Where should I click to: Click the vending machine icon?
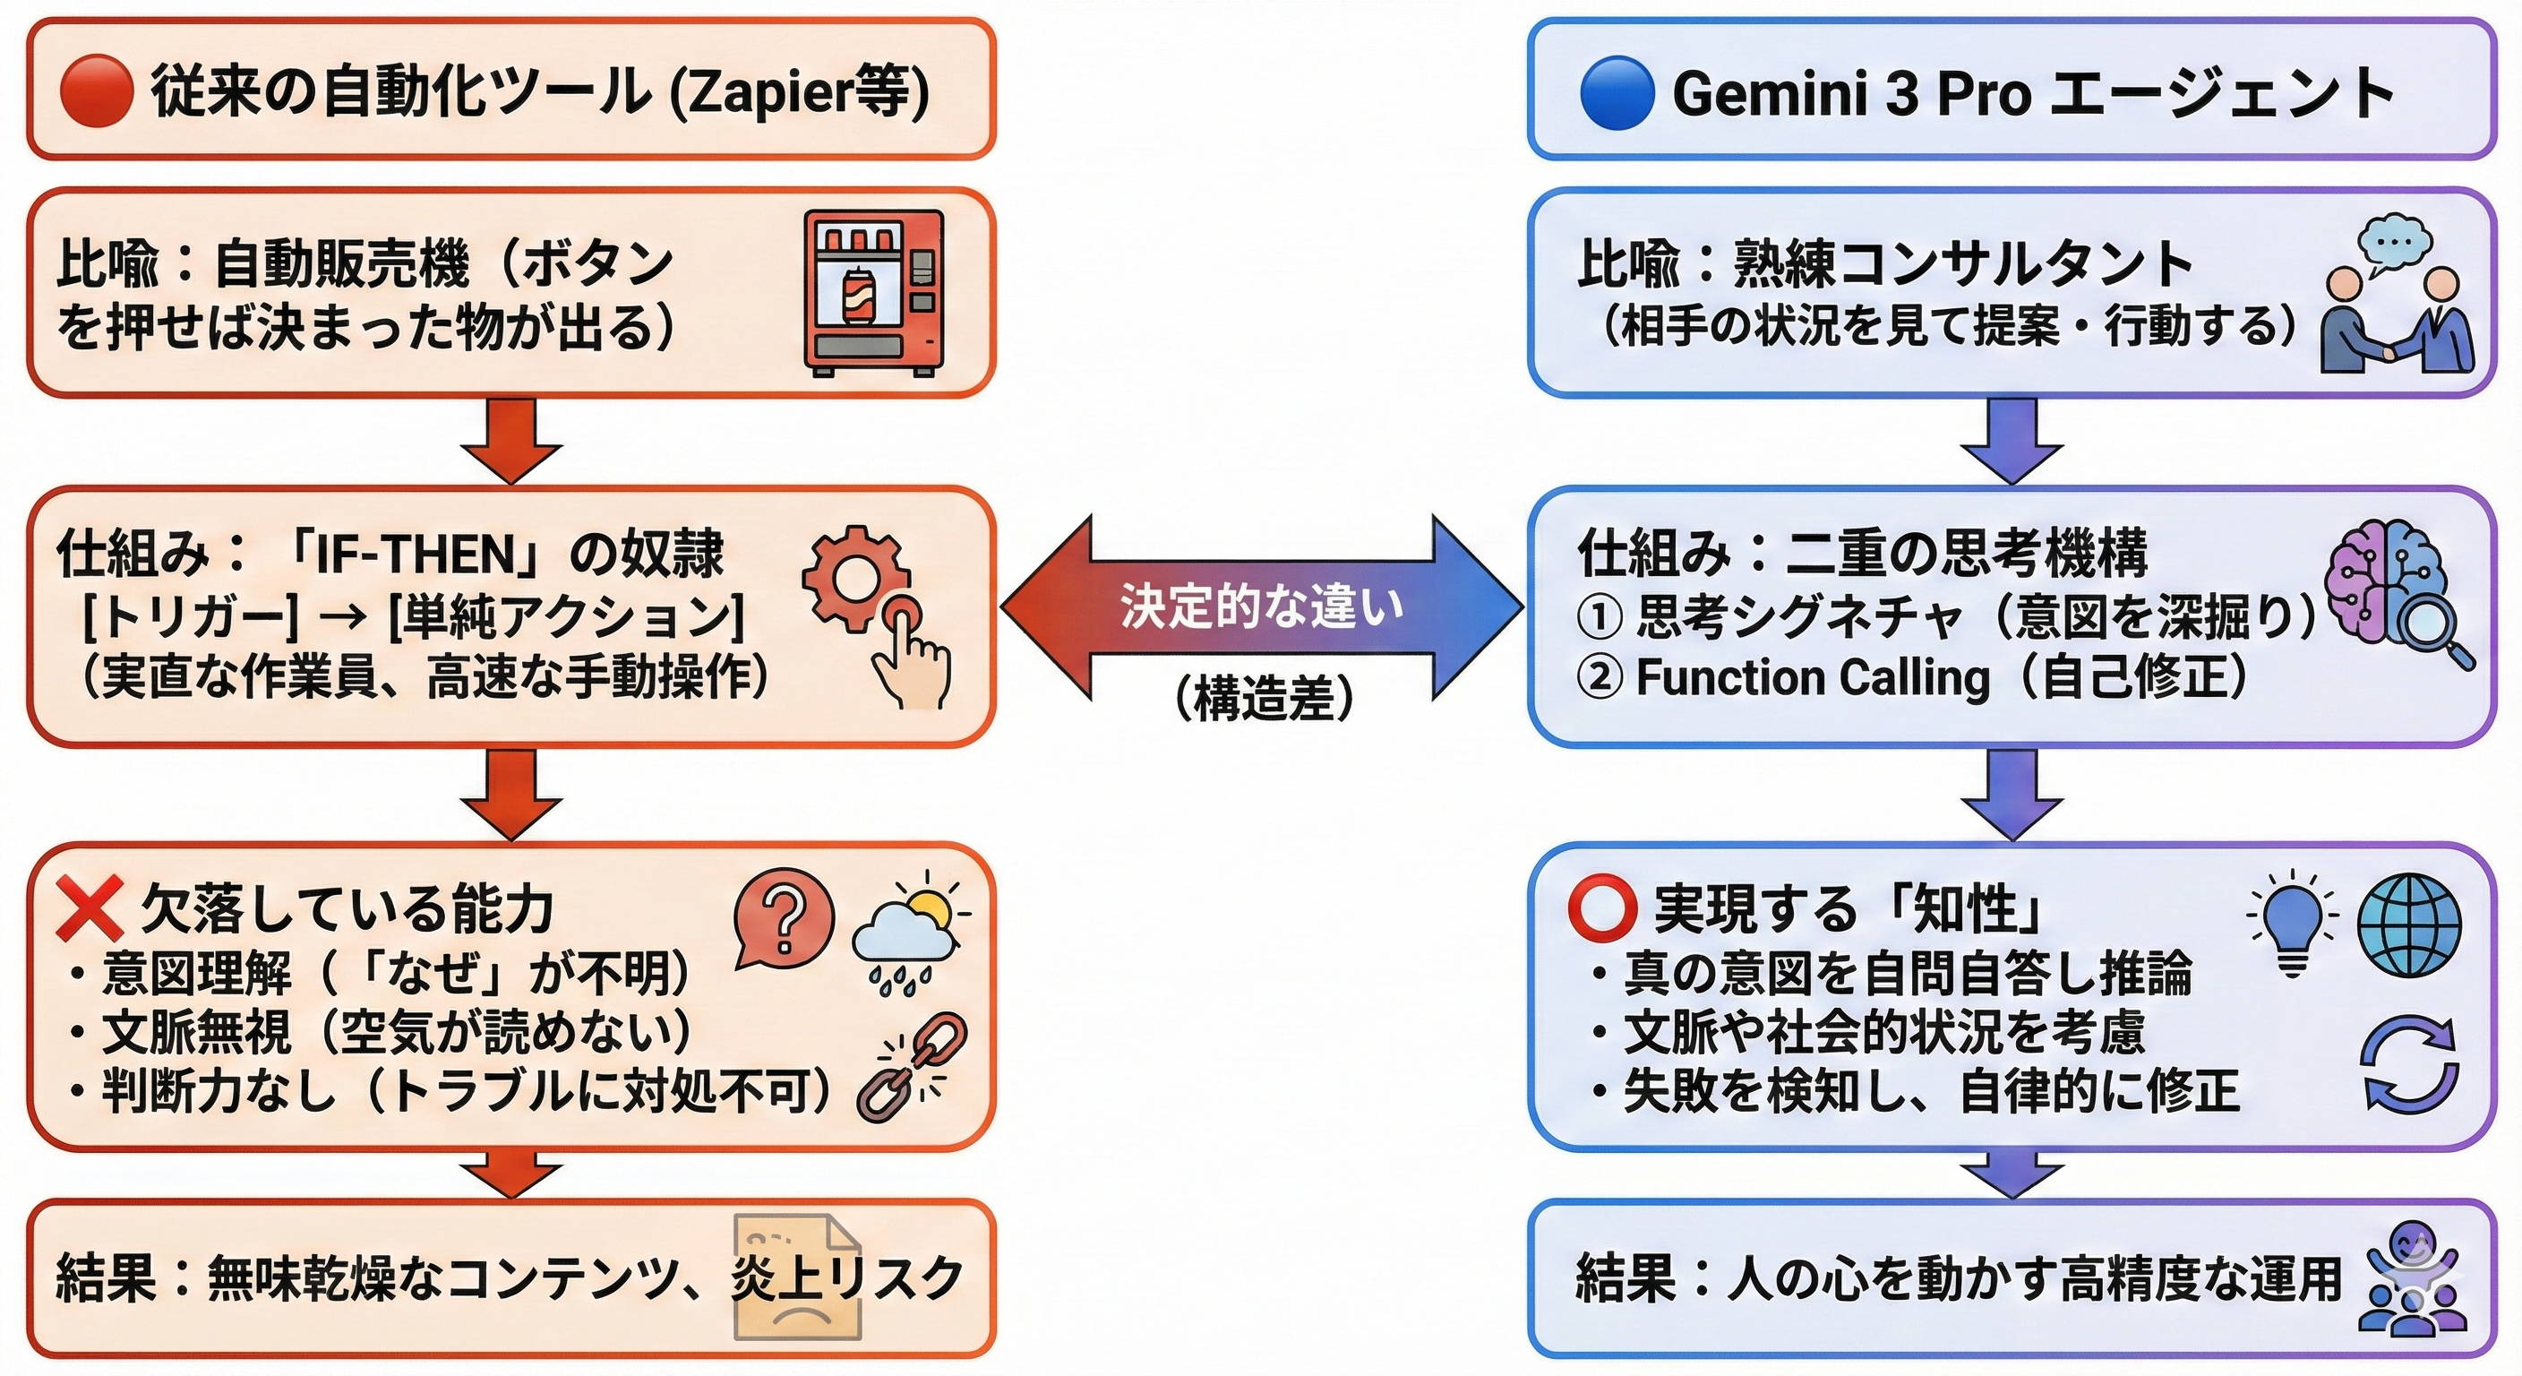tap(873, 293)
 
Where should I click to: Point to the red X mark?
tap(89, 907)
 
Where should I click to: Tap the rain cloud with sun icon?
tap(908, 931)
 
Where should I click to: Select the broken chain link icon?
tap(911, 1067)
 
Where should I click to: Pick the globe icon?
tap(2408, 924)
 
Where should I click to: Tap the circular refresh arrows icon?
tap(2409, 1063)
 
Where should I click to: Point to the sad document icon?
tap(797, 1277)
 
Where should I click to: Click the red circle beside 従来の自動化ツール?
tap(96, 91)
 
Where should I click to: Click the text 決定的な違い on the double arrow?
tap(1262, 607)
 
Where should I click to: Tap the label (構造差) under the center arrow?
tap(1264, 698)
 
